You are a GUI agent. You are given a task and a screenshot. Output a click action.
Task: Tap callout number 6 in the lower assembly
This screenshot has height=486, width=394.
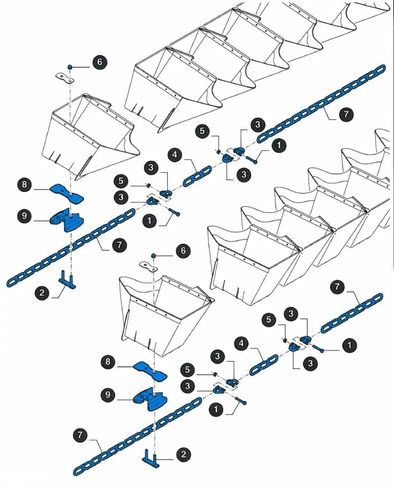click(183, 251)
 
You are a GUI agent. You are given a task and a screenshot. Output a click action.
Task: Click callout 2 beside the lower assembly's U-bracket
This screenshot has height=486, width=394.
click(183, 454)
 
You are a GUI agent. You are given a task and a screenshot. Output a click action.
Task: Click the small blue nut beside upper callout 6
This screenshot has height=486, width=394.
click(70, 66)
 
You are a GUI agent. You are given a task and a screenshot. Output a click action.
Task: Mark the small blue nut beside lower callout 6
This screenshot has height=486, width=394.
click(154, 256)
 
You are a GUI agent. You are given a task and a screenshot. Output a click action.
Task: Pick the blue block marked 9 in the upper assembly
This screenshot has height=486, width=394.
click(66, 220)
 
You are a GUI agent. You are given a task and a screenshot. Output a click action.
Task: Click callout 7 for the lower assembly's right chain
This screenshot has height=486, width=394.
click(337, 286)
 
